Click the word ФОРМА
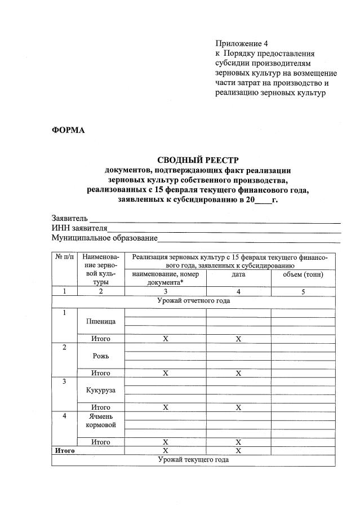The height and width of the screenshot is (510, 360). click(68, 130)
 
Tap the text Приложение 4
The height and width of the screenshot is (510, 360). click(239, 43)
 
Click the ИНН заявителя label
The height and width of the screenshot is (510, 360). click(79, 228)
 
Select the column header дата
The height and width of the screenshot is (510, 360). click(238, 274)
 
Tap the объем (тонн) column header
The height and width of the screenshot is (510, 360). click(303, 274)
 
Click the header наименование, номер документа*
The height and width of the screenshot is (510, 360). click(165, 278)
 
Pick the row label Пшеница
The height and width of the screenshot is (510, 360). click(101, 321)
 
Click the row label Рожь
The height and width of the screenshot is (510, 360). click(101, 356)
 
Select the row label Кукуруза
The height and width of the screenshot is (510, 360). click(101, 390)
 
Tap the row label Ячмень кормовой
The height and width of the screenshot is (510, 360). click(101, 420)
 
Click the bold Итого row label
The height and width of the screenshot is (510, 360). click(64, 451)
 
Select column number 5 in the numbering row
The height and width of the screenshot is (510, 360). click(303, 291)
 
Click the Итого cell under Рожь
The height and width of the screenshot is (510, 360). click(101, 373)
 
